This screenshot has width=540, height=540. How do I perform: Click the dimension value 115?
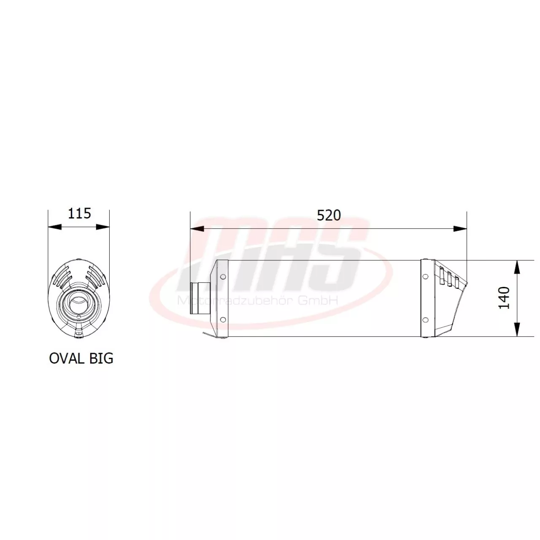[79, 213]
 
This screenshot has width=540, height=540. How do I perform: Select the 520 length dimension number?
[328, 215]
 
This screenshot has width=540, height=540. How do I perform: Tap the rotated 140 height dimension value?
[504, 297]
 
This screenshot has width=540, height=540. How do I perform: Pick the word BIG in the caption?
[101, 358]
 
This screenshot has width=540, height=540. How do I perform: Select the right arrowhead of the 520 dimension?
[460, 229]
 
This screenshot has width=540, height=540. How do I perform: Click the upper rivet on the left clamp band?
[223, 277]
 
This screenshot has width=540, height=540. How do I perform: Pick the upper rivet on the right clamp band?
[425, 277]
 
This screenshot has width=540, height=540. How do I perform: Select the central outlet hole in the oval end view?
[78, 303]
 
